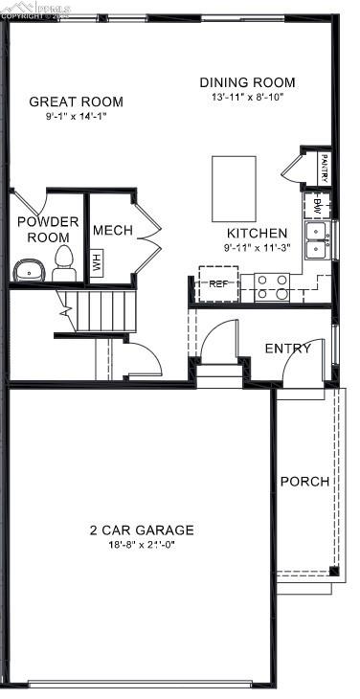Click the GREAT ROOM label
pyautogui.click(x=76, y=101)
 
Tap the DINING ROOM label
pyautogui.click(x=247, y=82)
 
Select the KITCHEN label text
pyautogui.click(x=256, y=233)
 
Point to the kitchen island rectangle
pyautogui.click(x=234, y=189)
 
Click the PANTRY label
pyautogui.click(x=325, y=168)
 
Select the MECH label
pyautogui.click(x=112, y=230)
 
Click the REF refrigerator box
pyautogui.click(x=217, y=283)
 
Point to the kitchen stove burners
pyautogui.click(x=271, y=286)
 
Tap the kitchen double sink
pyautogui.click(x=316, y=240)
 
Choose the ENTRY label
pyautogui.click(x=287, y=349)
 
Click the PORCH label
pyautogui.click(x=304, y=482)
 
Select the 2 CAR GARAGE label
pyautogui.click(x=142, y=530)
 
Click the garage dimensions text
pyautogui.click(x=142, y=545)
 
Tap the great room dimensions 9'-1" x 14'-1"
pyautogui.click(x=76, y=117)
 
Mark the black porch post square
pyautogui.click(x=333, y=572)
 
